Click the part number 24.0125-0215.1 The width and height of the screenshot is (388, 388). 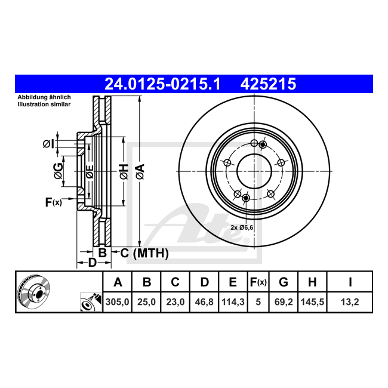162,84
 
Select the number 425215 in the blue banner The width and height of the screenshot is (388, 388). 268,84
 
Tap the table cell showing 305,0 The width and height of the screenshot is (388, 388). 117,302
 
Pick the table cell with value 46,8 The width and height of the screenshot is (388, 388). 204,302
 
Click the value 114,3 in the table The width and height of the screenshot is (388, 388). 233,302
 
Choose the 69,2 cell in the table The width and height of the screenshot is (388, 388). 284,302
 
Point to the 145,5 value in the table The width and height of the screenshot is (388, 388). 312,302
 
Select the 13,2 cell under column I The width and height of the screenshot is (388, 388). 350,302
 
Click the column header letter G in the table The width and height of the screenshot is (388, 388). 284,282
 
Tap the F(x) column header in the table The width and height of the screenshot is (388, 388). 258,282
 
